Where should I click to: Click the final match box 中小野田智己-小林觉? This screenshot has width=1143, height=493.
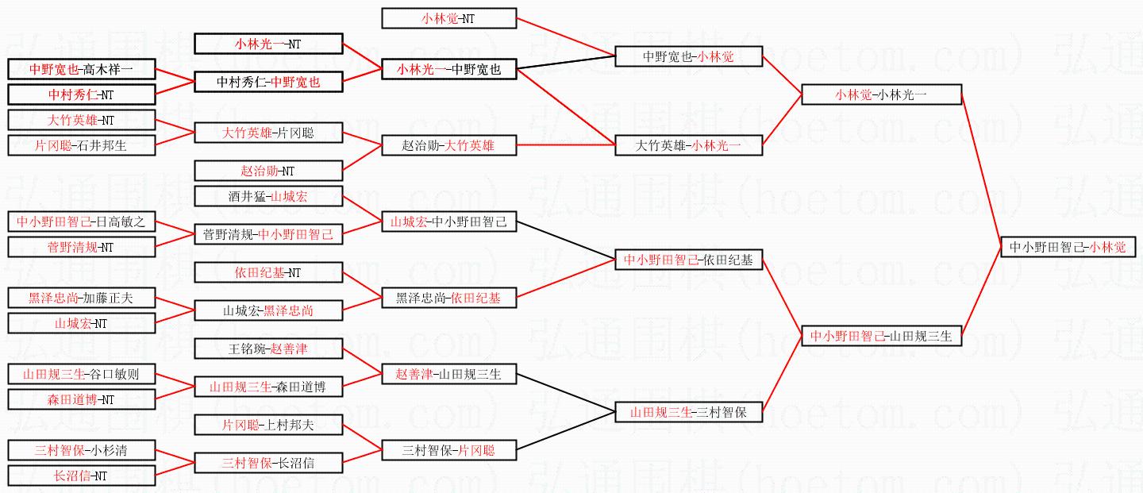pos(1068,247)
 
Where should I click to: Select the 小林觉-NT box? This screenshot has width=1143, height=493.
pos(448,18)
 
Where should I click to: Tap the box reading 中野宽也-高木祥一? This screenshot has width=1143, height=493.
pos(81,69)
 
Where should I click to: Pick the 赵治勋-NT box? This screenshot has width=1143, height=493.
pos(268,171)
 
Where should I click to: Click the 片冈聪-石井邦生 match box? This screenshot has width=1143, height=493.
pos(81,145)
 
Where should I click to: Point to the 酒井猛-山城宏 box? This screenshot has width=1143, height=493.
pos(268,196)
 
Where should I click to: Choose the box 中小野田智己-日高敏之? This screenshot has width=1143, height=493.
pos(81,221)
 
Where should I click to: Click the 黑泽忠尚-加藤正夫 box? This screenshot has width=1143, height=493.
pos(81,298)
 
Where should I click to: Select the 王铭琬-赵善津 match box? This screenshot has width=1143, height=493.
pos(268,349)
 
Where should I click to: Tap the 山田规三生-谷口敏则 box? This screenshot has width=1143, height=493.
pos(81,374)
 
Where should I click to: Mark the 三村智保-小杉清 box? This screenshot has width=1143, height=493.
pos(81,450)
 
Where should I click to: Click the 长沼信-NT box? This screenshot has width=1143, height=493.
pos(81,476)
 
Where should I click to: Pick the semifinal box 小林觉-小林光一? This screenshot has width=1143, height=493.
pos(881,94)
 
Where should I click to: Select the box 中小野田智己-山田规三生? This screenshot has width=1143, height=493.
pos(881,336)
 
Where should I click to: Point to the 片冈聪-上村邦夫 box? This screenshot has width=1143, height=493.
pos(268,425)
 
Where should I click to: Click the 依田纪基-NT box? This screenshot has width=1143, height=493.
pos(268,272)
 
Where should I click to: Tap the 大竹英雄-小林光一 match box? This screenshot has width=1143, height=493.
pos(688,145)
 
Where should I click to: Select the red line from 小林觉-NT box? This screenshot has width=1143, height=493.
pos(566,37)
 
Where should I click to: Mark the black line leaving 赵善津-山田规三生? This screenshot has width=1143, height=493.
pos(566,393)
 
